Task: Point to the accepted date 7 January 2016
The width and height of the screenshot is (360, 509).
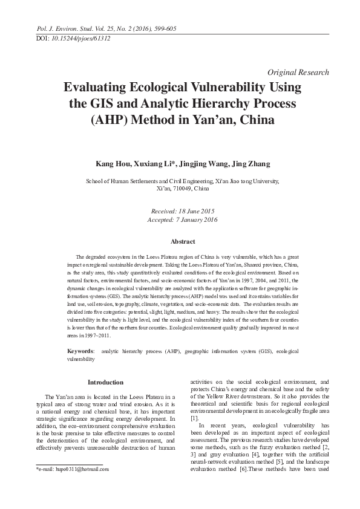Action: [x=195, y=219]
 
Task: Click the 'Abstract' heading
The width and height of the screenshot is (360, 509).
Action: [x=183, y=241]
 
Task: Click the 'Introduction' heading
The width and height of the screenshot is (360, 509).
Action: [x=106, y=382]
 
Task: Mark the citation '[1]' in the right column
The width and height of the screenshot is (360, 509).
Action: [x=194, y=418]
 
